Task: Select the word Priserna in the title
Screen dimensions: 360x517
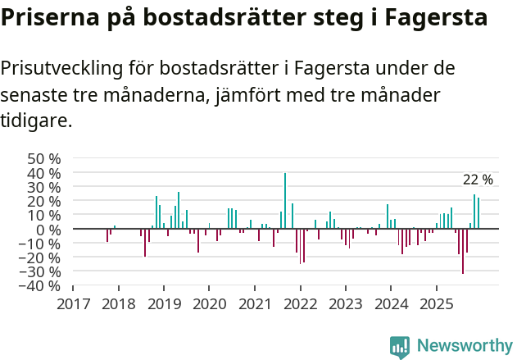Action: point(49,18)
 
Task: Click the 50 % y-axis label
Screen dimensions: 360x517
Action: point(44,158)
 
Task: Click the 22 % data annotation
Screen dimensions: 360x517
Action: point(478,180)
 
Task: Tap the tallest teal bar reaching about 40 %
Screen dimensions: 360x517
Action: point(285,201)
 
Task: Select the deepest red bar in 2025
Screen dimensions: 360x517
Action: point(463,251)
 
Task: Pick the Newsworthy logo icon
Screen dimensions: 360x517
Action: point(400,347)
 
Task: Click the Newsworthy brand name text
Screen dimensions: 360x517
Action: point(464,346)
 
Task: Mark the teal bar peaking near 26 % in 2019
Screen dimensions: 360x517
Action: point(179,211)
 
